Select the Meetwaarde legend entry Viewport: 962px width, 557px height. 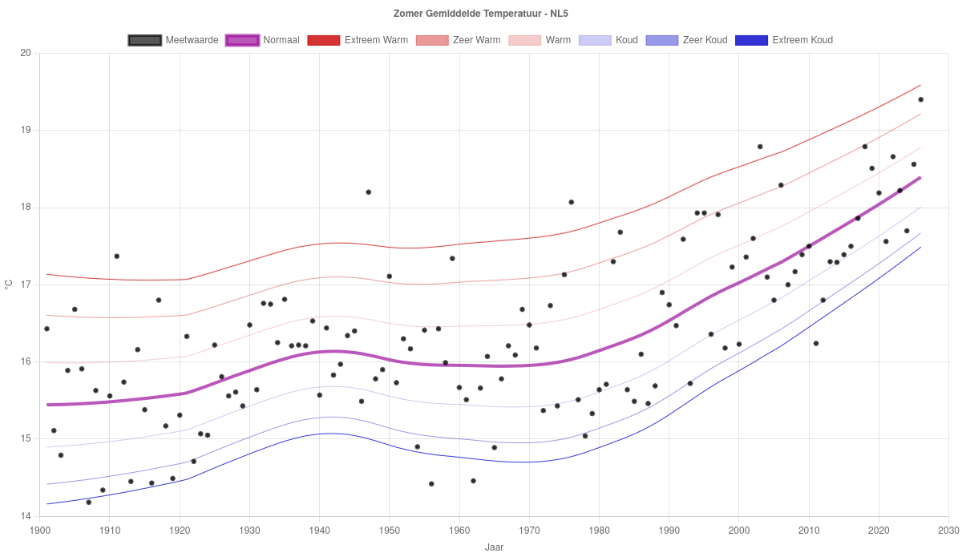tap(173, 40)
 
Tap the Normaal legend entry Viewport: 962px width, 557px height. tap(262, 40)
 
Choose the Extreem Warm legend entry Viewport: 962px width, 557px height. tap(358, 40)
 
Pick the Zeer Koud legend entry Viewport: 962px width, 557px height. tap(687, 40)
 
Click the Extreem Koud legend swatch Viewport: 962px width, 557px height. tap(752, 40)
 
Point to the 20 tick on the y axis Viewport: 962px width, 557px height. tap(26, 53)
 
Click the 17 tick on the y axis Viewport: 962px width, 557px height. tap(26, 285)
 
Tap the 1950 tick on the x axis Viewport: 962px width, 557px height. tap(389, 531)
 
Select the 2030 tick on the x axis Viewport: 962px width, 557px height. tap(948, 531)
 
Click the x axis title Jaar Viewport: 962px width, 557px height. tap(494, 547)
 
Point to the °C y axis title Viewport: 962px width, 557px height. tap(9, 285)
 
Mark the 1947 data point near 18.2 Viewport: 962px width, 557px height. tap(369, 192)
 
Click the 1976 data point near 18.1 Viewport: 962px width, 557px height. tap(571, 202)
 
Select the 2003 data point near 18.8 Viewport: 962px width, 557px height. tap(760, 147)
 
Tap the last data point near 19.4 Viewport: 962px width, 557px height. tap(921, 99)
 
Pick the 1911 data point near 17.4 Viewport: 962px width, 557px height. tap(117, 256)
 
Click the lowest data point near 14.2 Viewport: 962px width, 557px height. tap(89, 502)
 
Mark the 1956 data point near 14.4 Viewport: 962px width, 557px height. tap(431, 484)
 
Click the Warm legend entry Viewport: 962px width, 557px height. tap(540, 40)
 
